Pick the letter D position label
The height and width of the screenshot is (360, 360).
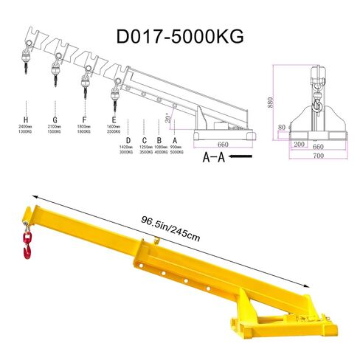coord(128,139)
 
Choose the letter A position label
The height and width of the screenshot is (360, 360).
coord(175,139)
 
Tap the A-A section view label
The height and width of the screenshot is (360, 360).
coord(213,157)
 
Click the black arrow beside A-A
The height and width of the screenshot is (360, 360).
coord(241,157)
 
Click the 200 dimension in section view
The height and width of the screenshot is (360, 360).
coord(298,145)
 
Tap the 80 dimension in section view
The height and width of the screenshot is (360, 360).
coord(282,126)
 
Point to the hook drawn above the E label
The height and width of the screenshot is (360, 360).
coord(114,91)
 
